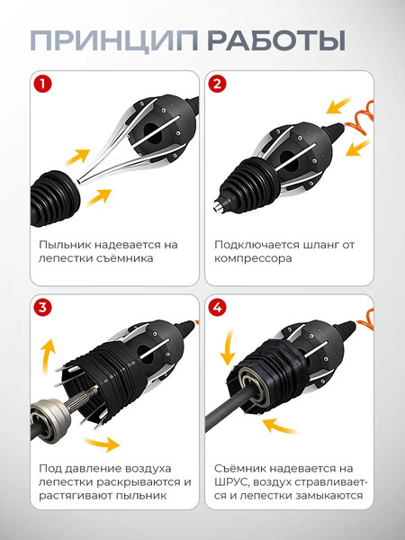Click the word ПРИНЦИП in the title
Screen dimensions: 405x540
tap(114, 41)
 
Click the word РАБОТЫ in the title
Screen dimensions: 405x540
tap(276, 41)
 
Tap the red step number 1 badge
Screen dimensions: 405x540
tap(42, 84)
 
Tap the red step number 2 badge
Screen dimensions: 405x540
tap(217, 84)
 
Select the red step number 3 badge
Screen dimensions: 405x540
tap(42, 307)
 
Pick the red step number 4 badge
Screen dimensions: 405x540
tap(217, 307)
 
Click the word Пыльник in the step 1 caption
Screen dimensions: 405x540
tap(65, 245)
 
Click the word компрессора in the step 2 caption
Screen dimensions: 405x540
tap(253, 258)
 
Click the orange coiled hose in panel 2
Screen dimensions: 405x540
tap(360, 118)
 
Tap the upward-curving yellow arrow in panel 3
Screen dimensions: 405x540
tap(47, 355)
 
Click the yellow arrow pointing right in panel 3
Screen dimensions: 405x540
tap(102, 444)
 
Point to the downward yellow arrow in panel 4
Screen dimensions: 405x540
tap(228, 347)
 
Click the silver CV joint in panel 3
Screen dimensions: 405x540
tap(50, 419)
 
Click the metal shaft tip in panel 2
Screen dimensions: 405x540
tap(219, 206)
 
